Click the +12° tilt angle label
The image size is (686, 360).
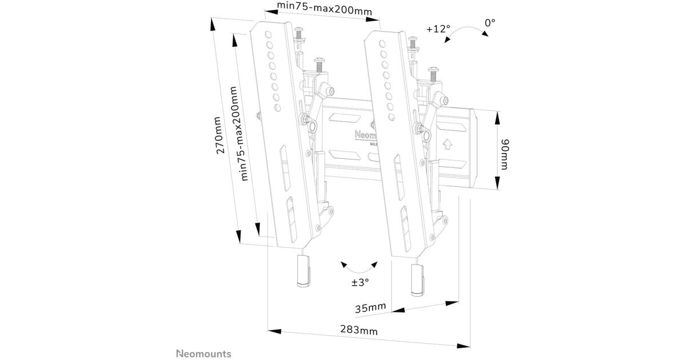pos(438,28)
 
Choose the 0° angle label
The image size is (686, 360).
pos(490,23)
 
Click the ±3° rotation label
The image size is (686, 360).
pos(360,282)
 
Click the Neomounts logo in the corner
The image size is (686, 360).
pos(203,354)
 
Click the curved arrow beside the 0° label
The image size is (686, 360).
pos(468,34)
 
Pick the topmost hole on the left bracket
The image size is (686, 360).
pos(265,33)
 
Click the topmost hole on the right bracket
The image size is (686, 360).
pos(379,40)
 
